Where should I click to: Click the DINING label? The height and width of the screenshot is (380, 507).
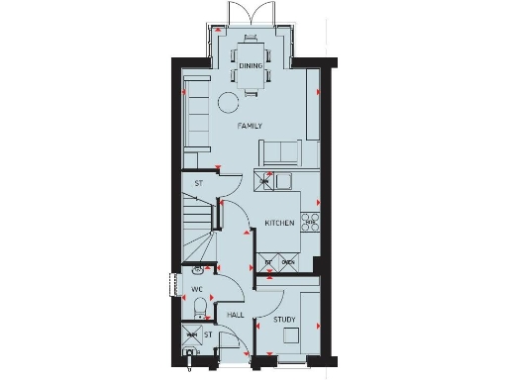(251, 65)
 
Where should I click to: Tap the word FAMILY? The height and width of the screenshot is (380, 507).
(251, 128)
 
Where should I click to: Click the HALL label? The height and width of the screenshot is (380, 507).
(236, 315)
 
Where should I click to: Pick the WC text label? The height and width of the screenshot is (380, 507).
(196, 291)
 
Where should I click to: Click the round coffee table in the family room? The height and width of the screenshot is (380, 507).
(229, 100)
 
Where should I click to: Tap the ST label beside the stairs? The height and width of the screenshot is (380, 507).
(198, 183)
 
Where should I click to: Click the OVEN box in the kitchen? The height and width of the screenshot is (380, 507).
(287, 262)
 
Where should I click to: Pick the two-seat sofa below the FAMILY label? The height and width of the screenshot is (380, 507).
(281, 152)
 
